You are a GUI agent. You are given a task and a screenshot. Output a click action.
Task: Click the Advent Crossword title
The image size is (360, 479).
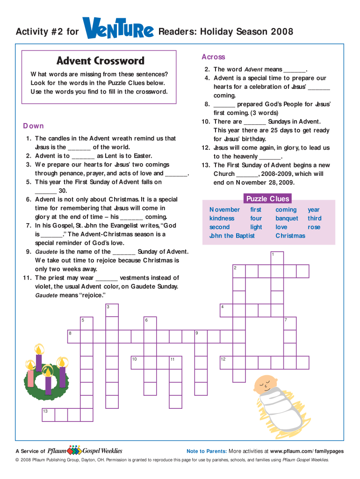[101, 61]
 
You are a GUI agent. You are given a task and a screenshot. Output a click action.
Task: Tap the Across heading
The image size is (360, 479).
[213, 57]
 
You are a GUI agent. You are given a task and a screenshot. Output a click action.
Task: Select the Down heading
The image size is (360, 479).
[34, 126]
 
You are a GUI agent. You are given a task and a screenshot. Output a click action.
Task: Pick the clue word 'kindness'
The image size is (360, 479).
[222, 218]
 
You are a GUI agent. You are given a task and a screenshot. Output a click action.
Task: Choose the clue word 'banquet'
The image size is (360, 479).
[287, 218]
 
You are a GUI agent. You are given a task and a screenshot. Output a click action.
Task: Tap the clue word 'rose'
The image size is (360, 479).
[314, 227]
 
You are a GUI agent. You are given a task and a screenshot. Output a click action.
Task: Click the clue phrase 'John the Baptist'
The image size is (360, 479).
[232, 236]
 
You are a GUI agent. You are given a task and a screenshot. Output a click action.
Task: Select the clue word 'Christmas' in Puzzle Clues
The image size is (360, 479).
[290, 236]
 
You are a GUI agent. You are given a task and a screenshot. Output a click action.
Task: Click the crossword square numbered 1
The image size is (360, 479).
[277, 258]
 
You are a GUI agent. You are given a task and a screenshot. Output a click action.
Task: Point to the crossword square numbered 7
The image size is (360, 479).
[290, 324]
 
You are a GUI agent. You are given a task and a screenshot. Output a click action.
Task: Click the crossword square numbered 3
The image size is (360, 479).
[112, 311]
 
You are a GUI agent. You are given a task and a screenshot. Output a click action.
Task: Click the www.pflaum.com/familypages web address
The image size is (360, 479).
[307, 451]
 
